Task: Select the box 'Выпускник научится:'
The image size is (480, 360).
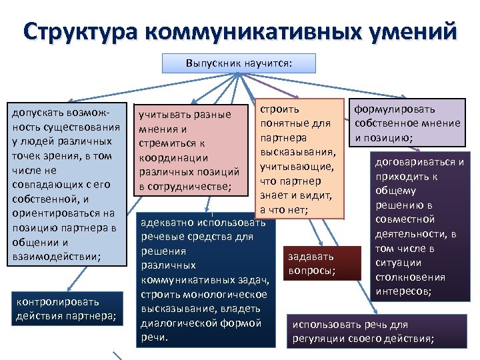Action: point(239,64)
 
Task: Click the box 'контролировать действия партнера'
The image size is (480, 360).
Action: point(66,309)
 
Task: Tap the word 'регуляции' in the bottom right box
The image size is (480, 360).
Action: point(317,339)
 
